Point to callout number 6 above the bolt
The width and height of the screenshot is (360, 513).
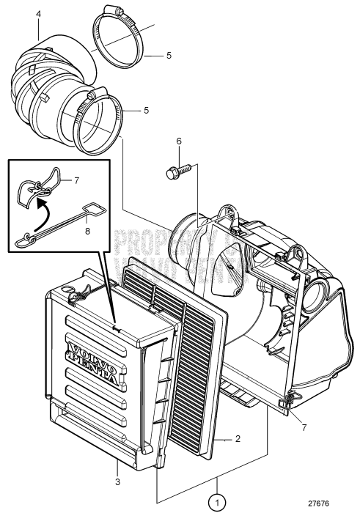177,141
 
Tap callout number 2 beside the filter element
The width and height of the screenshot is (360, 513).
237,440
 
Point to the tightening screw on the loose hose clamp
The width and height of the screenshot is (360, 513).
111,11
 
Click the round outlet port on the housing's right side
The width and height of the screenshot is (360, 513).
320,293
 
